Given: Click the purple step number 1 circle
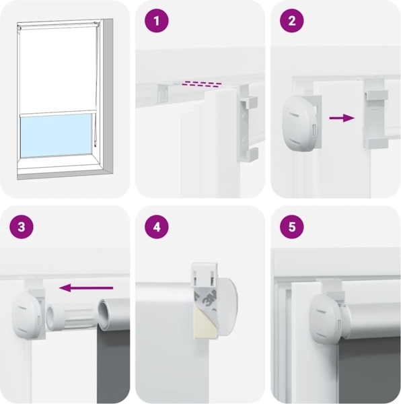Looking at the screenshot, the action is point(157,21).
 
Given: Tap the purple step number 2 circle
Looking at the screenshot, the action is point(291,21).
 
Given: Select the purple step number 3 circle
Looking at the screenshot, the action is point(22,227).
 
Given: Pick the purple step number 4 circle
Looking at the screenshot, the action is point(157,227).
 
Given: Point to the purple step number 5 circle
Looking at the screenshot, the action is point(291,227).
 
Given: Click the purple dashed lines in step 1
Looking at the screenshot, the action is point(202,84).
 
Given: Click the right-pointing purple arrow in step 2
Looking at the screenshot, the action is point(342,118).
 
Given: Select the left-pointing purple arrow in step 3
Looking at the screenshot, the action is point(86,288).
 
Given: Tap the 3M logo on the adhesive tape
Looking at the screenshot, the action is point(209,300).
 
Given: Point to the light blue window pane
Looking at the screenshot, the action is point(56,135).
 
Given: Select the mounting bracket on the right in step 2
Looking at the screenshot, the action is point(375,113).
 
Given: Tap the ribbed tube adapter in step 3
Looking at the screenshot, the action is point(70,316).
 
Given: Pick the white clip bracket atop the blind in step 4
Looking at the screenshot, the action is point(205,275).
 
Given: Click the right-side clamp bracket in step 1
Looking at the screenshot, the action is point(247,123).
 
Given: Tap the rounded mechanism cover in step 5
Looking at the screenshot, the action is point(326,317).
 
